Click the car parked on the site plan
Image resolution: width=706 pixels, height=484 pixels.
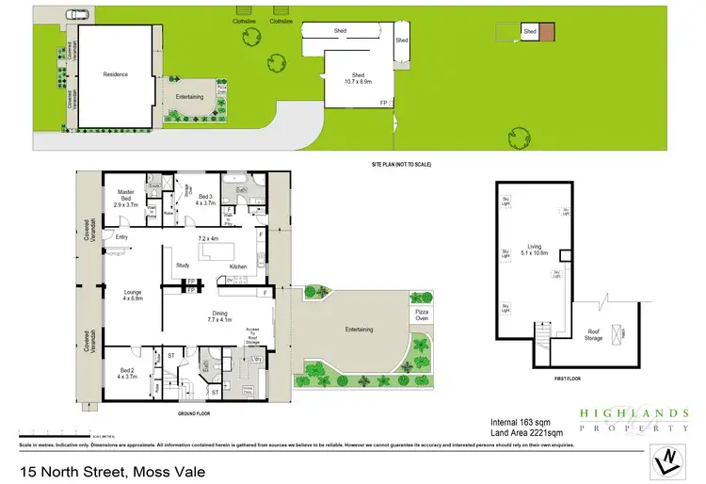tap(78, 15)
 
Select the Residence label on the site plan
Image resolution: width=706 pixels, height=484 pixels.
tap(115, 74)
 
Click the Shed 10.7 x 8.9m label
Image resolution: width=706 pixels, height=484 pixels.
tap(358, 78)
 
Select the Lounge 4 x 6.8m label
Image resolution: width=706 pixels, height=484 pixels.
tap(133, 296)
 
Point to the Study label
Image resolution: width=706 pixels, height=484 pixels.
tap(183, 266)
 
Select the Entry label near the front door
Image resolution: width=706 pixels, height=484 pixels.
tap(121, 237)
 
